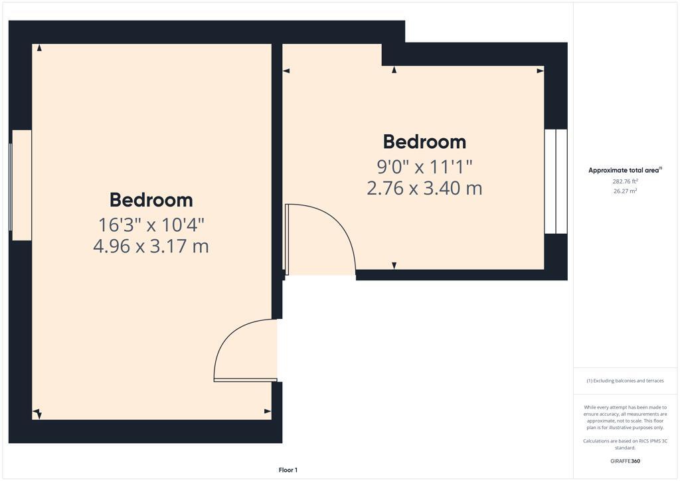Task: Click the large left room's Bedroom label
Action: click(x=151, y=200)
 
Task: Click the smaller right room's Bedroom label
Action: click(x=424, y=142)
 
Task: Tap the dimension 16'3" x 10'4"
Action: click(x=151, y=223)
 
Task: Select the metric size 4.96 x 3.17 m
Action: click(x=151, y=246)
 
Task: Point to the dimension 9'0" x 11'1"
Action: click(x=424, y=165)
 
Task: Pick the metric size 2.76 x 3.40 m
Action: click(x=424, y=188)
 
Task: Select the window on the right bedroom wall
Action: click(x=556, y=181)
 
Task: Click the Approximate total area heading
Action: click(x=625, y=171)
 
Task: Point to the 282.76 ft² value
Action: click(x=625, y=181)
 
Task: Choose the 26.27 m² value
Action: click(x=625, y=191)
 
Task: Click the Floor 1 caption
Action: click(x=288, y=470)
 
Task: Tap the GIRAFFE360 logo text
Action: click(x=626, y=461)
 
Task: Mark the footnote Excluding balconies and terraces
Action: click(x=626, y=381)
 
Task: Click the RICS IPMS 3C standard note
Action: click(x=626, y=444)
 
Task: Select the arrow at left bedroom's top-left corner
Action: click(x=39, y=48)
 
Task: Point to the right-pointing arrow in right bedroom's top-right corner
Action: click(x=540, y=69)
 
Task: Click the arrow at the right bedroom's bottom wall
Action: click(x=394, y=266)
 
